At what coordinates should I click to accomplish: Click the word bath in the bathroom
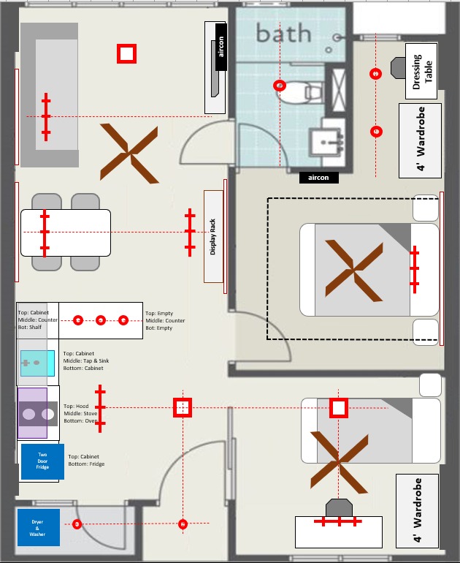(x=283, y=33)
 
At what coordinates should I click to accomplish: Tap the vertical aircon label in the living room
(x=221, y=47)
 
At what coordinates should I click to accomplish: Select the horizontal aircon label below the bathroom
(x=319, y=178)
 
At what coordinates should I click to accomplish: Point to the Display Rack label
(x=212, y=237)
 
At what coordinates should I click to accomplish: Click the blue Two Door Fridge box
(x=42, y=461)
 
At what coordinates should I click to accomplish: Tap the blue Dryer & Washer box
(x=39, y=527)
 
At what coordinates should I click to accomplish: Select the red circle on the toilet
(x=280, y=86)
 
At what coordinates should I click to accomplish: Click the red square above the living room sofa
(x=126, y=54)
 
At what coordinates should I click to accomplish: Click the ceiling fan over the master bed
(x=354, y=271)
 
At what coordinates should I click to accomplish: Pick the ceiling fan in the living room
(x=129, y=154)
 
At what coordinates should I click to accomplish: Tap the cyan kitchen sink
(x=37, y=363)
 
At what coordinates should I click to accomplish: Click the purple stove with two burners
(x=33, y=413)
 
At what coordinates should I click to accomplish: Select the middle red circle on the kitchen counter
(x=101, y=320)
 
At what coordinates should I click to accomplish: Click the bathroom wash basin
(x=326, y=142)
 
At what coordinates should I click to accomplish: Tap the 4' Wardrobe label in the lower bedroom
(x=418, y=510)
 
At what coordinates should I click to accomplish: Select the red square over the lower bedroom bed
(x=339, y=408)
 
